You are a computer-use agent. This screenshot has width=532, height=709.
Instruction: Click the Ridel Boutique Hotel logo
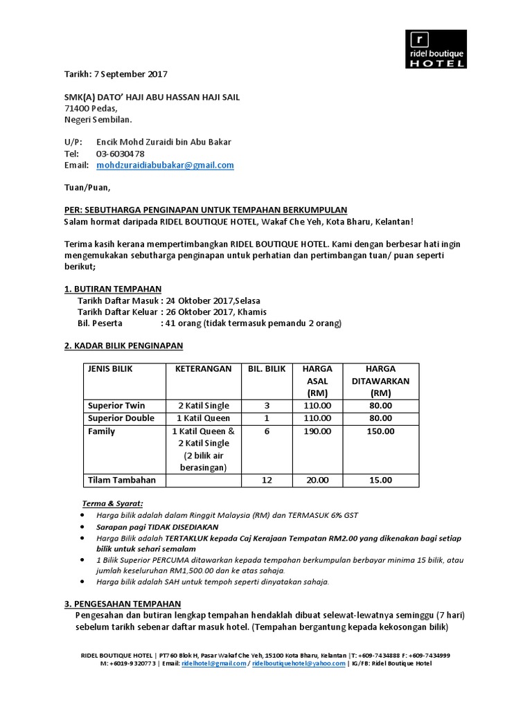(436, 49)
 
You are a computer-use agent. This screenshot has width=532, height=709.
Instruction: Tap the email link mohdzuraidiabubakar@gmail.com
(165, 165)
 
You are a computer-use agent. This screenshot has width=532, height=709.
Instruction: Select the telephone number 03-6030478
(121, 154)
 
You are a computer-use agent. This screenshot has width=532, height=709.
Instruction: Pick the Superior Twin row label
(116, 405)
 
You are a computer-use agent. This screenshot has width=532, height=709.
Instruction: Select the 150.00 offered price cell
(381, 431)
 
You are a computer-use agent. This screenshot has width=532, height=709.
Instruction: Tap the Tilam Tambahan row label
(121, 480)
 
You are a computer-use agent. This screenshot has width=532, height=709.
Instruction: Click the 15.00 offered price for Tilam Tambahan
(381, 480)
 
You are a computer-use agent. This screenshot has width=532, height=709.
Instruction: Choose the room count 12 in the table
(267, 480)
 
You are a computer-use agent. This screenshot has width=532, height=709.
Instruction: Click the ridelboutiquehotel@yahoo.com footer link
(299, 663)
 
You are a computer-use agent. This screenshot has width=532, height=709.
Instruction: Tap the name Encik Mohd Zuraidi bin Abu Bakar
(163, 142)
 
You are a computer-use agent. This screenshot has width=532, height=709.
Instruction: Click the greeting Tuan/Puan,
(87, 187)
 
